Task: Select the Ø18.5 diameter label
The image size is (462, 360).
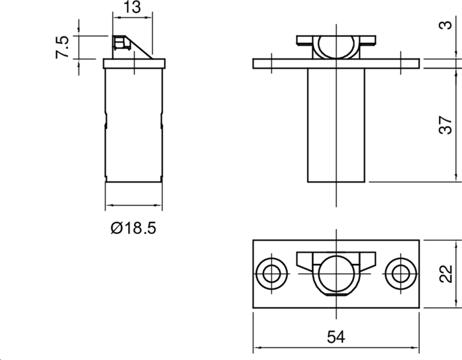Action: [x=133, y=228]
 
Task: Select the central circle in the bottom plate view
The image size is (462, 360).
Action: [x=336, y=272]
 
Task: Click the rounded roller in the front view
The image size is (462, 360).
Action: [x=336, y=47]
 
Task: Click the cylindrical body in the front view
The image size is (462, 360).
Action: [x=336, y=124]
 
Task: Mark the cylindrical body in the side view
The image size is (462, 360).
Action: [x=133, y=124]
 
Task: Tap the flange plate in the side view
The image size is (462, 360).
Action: [x=133, y=63]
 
